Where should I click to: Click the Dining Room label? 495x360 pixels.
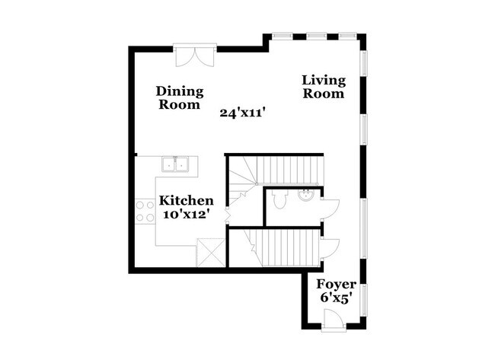pos(181,98)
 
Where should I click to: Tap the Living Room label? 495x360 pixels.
pos(324,87)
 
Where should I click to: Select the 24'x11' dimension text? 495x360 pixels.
pos(242,113)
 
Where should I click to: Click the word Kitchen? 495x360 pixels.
pos(186,200)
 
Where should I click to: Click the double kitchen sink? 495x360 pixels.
pos(178,164)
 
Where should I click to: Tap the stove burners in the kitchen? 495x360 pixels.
pos(144,211)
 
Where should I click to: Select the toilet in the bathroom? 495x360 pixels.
pos(280,199)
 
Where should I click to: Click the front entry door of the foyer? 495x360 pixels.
pos(334,320)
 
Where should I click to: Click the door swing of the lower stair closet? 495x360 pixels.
pos(330,248)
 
